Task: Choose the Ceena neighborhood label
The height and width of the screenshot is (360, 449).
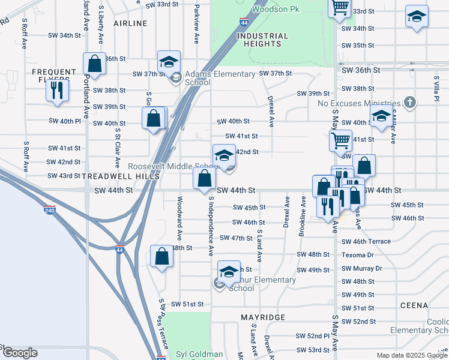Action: [x=414, y=305]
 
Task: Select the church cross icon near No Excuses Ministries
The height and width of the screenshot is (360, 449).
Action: [x=410, y=101]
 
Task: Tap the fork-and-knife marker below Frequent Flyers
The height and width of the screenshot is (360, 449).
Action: [x=58, y=91]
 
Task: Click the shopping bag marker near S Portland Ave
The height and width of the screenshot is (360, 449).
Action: [x=94, y=64]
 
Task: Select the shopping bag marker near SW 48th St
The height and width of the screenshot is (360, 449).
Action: [x=162, y=257]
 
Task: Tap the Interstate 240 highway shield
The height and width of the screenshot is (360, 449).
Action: [x=50, y=211]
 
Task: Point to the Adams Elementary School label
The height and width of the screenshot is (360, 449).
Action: [x=220, y=78]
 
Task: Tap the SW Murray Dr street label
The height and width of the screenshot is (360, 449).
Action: [x=361, y=268]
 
